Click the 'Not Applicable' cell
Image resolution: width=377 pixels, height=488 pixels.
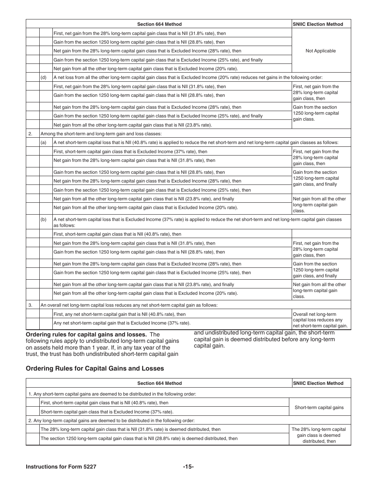321,51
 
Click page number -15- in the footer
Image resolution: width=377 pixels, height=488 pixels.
188,467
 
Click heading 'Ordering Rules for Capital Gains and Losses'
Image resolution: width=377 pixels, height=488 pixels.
95,368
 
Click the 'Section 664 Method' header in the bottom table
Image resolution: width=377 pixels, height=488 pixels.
160,383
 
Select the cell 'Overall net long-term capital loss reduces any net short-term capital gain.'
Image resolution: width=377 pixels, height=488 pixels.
321,320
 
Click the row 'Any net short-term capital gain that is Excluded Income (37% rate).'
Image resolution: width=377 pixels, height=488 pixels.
121,323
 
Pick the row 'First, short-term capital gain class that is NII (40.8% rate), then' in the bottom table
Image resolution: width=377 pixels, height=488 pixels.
104,403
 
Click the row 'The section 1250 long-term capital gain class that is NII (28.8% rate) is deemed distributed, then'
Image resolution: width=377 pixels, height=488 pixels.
139,438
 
